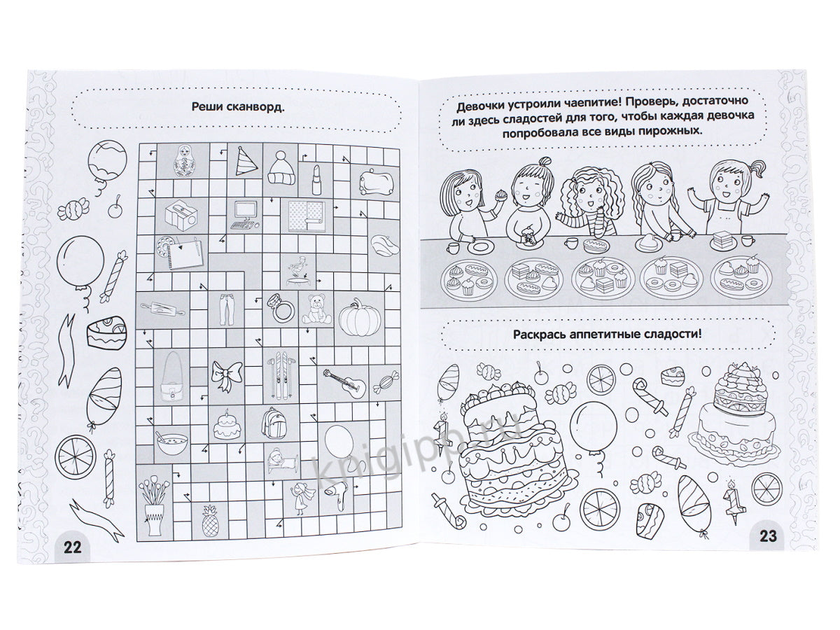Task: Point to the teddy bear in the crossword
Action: [316, 309]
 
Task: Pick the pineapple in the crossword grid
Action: [210, 521]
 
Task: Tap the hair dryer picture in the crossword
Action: [337, 495]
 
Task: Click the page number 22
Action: [73, 547]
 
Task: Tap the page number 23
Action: [768, 536]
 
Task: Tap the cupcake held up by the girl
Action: [500, 195]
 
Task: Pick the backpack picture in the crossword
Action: [274, 422]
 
